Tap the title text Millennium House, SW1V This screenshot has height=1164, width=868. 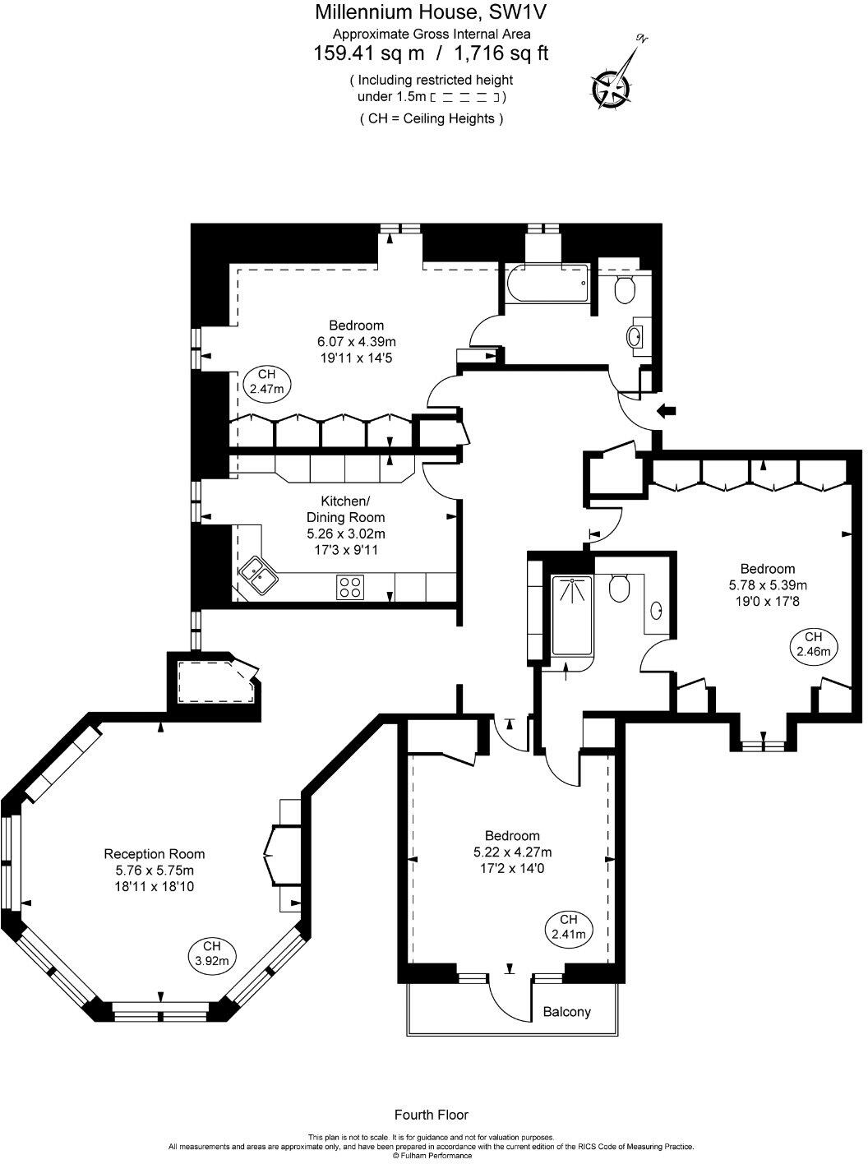(x=432, y=12)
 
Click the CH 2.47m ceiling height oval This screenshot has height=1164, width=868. (x=267, y=381)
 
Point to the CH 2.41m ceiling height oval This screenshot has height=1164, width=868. (x=567, y=927)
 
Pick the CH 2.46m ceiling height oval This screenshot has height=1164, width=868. (x=813, y=644)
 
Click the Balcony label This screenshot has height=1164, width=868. (x=566, y=1012)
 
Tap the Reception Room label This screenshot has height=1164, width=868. (x=155, y=854)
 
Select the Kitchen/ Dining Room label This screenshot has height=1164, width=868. (x=345, y=510)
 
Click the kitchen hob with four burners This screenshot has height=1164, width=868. (x=350, y=587)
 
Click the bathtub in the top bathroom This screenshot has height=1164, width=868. (x=546, y=284)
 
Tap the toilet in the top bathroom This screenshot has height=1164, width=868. (x=625, y=289)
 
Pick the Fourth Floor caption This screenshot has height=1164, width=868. (x=432, y=1115)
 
